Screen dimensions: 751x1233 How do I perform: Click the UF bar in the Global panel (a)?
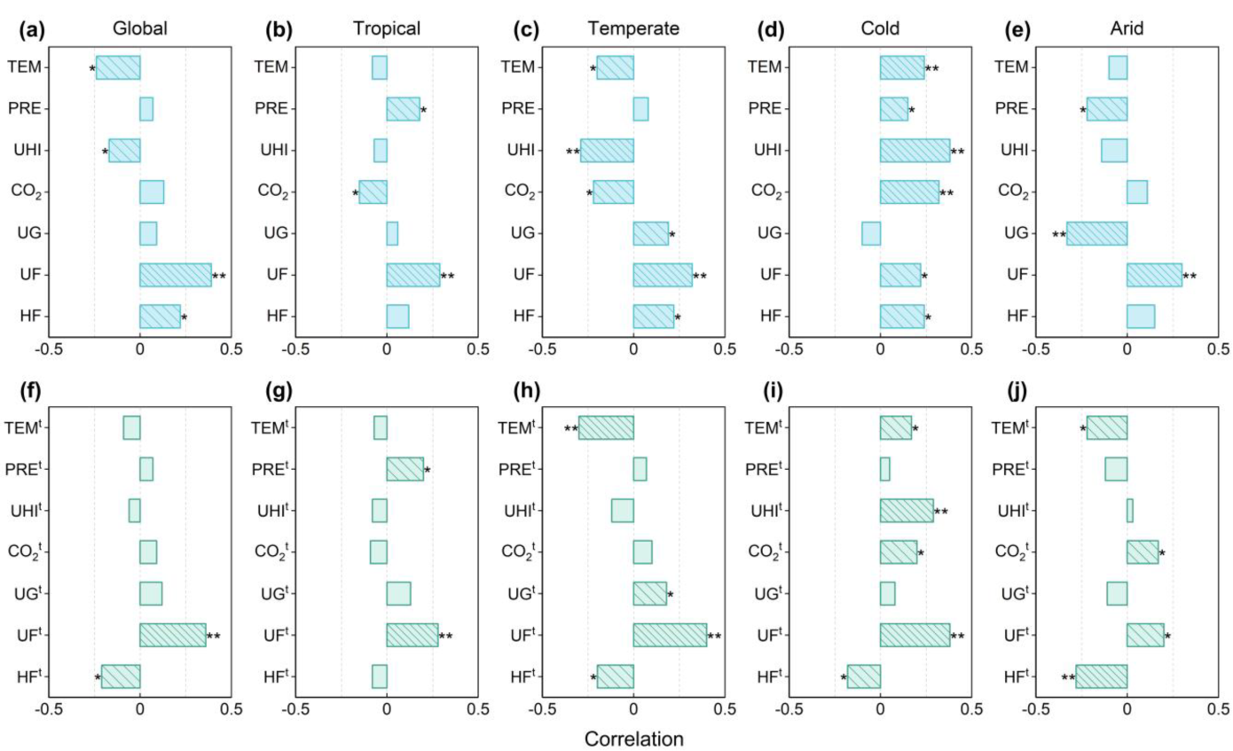[x=176, y=275]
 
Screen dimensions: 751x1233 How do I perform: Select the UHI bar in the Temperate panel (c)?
[x=607, y=150]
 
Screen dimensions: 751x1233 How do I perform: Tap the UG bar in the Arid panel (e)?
[x=1096, y=233]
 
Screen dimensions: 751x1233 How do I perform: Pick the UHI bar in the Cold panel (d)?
[x=915, y=150]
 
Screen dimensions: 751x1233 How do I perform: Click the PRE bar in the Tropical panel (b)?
[x=403, y=109]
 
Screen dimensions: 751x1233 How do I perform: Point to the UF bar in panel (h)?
[x=670, y=635]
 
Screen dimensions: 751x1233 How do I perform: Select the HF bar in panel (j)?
[x=1101, y=677]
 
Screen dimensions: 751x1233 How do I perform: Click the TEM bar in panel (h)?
[x=606, y=427]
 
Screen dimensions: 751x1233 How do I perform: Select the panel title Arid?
[x=1127, y=27]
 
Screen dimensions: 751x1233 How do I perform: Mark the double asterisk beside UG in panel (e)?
[x=1058, y=235]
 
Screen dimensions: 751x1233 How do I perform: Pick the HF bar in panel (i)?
[x=863, y=677]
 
